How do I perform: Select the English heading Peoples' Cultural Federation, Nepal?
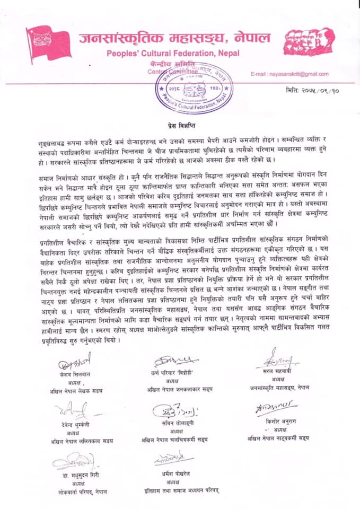pos(173,53)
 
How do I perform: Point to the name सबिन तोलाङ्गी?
pos(173,424)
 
